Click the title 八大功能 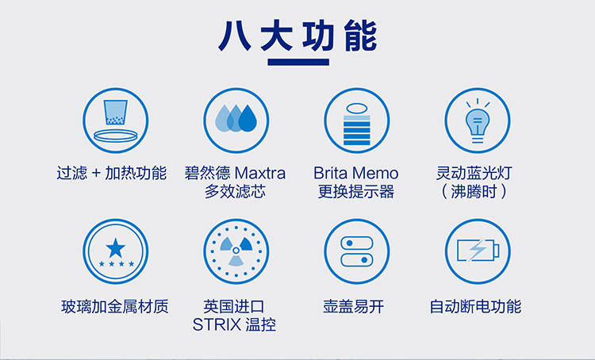(x=297, y=36)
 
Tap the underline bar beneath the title (x=298, y=62)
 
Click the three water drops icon (x=236, y=118)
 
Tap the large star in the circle (x=116, y=247)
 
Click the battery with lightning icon (x=478, y=251)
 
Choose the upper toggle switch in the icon (x=357, y=243)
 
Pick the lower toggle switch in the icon (x=357, y=260)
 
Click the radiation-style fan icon (x=236, y=251)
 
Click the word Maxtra (x=260, y=174)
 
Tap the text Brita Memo (x=356, y=174)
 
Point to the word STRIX (x=217, y=325)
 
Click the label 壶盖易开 (x=354, y=307)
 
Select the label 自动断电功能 (x=475, y=307)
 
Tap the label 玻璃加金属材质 (x=115, y=307)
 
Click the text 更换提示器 (x=356, y=192)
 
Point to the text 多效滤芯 (x=236, y=192)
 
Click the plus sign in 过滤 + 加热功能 (x=96, y=174)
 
